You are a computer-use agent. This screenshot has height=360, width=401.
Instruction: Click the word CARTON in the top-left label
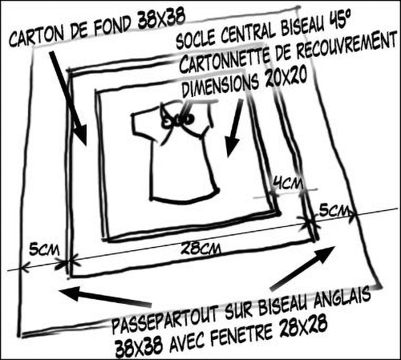tap(37, 36)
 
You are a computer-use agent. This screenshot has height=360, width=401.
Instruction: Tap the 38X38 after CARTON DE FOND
tap(161, 20)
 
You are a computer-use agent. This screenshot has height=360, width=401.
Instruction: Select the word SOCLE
tap(196, 38)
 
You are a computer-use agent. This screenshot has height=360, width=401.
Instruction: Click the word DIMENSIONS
tap(221, 85)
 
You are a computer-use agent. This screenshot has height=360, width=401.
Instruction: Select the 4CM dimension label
tap(288, 184)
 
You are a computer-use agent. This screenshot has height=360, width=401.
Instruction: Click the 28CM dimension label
tap(200, 248)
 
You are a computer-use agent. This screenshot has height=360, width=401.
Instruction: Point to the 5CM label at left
tap(44, 249)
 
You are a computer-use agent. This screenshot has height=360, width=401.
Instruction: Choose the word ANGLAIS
tap(342, 297)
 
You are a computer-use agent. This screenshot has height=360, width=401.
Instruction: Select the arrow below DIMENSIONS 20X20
tap(234, 129)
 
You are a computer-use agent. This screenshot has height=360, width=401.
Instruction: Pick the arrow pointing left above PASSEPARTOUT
tap(105, 296)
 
